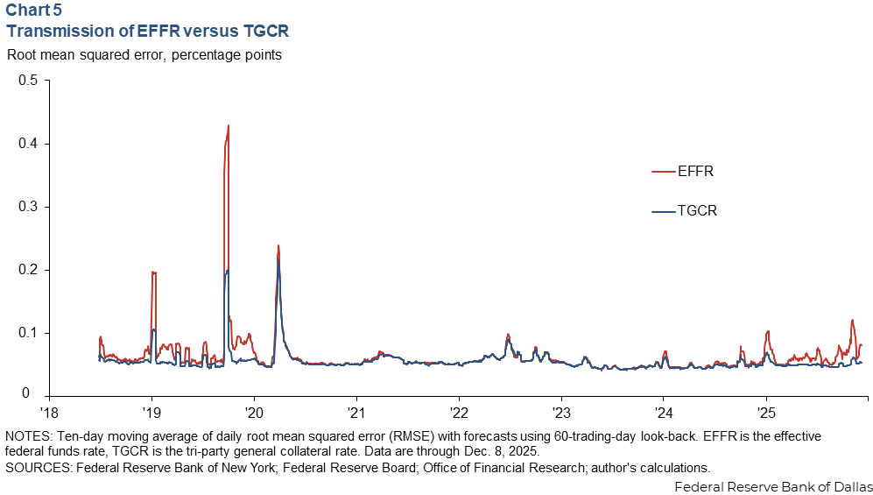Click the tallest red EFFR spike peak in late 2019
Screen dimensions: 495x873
click(x=229, y=126)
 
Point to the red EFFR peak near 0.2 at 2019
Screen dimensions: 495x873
click(x=154, y=272)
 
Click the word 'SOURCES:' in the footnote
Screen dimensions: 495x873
click(x=36, y=468)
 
